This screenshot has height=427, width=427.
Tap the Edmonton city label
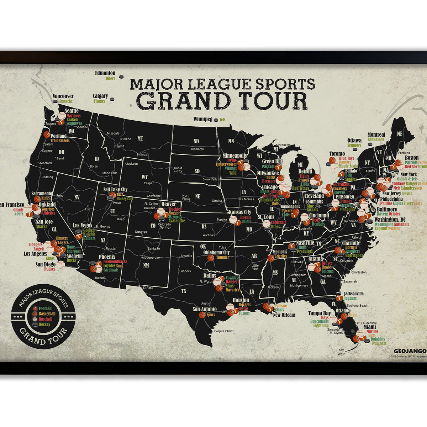105,73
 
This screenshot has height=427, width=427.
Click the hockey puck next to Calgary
113,99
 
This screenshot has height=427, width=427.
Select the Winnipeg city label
203,119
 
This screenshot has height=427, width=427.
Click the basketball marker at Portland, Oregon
47,135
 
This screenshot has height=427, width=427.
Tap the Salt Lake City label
115,190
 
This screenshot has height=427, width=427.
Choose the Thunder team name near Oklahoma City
222,257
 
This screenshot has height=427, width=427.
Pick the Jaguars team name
350,299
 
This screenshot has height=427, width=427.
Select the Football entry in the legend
45,309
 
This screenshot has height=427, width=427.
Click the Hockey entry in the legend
44,325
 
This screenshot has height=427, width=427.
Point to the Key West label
341,352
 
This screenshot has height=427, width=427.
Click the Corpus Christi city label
224,331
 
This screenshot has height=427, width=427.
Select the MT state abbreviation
140,138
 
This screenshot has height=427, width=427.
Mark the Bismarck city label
197,149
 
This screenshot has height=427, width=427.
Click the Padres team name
50,269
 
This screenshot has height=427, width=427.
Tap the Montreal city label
376,135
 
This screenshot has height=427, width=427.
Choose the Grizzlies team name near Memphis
280,256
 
